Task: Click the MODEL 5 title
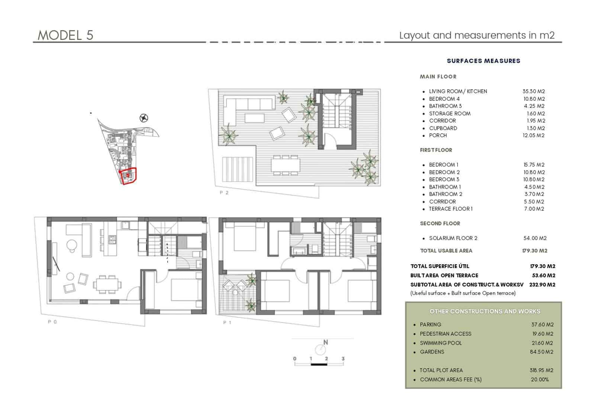click(65, 35)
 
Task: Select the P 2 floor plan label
click(224, 193)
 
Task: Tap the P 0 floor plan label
click(52, 322)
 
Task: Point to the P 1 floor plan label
click(227, 322)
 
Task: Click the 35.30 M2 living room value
click(534, 91)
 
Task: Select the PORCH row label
click(438, 135)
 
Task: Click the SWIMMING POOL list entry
click(441, 343)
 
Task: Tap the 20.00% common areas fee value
click(540, 380)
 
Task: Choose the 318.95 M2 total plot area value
click(541, 370)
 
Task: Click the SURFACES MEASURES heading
click(483, 61)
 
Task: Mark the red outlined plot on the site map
click(129, 176)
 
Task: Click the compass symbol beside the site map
click(144, 118)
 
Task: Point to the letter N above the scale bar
click(325, 342)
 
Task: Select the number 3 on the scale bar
click(343, 359)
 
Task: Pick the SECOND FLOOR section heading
click(440, 223)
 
